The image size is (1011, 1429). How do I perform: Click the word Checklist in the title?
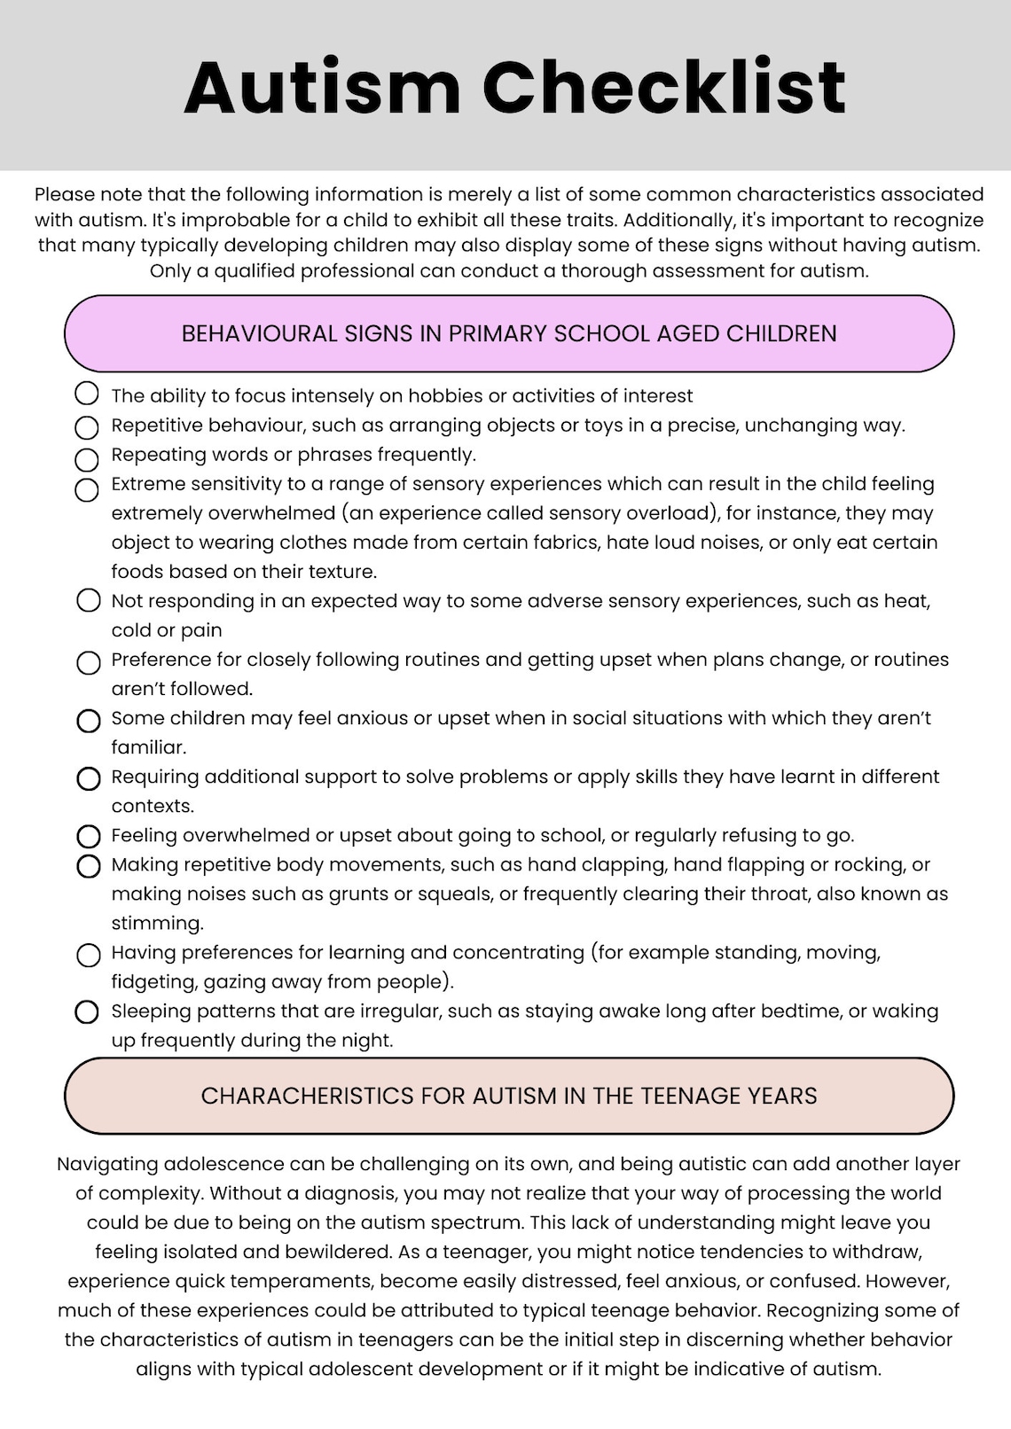(664, 88)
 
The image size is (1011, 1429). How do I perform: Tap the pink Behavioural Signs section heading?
(509, 333)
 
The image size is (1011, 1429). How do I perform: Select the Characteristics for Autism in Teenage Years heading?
(509, 1096)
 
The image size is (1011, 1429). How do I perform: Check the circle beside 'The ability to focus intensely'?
(87, 393)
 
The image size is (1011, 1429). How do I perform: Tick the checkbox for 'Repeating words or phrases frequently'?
(87, 459)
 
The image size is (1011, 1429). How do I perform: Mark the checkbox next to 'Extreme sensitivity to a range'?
(87, 489)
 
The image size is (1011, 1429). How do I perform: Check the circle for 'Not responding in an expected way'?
(89, 600)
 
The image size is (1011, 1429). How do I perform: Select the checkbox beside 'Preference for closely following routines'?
(89, 662)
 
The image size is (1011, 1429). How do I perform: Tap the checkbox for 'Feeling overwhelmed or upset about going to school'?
(89, 836)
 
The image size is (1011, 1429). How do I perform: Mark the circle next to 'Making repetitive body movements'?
(89, 866)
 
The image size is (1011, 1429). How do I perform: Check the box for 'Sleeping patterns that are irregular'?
(87, 1011)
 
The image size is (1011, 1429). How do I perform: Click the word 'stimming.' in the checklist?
(157, 923)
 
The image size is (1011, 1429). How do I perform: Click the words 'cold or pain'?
(167, 630)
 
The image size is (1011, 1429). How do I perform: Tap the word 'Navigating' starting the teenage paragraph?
(107, 1164)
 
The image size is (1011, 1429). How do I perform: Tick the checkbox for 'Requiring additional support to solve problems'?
(89, 778)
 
